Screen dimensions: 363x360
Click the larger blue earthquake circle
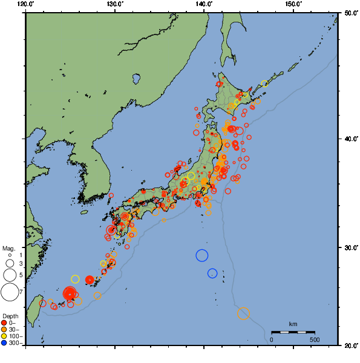202,255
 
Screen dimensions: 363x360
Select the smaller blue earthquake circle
212,273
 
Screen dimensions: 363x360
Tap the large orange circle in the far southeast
244,313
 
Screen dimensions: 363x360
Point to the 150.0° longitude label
293,4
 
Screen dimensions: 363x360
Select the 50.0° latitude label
349,13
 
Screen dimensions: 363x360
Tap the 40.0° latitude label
349,139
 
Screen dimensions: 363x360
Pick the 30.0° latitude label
349,249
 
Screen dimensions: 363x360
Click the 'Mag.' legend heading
8,248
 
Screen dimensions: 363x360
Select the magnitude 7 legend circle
9,292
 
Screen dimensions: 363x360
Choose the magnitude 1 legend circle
9,255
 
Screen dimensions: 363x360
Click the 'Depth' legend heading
10,316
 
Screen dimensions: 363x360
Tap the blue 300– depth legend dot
4,343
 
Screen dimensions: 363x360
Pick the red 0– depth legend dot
4,322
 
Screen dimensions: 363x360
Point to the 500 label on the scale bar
315,339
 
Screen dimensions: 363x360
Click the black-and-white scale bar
293,332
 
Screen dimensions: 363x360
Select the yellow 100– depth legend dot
4,336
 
